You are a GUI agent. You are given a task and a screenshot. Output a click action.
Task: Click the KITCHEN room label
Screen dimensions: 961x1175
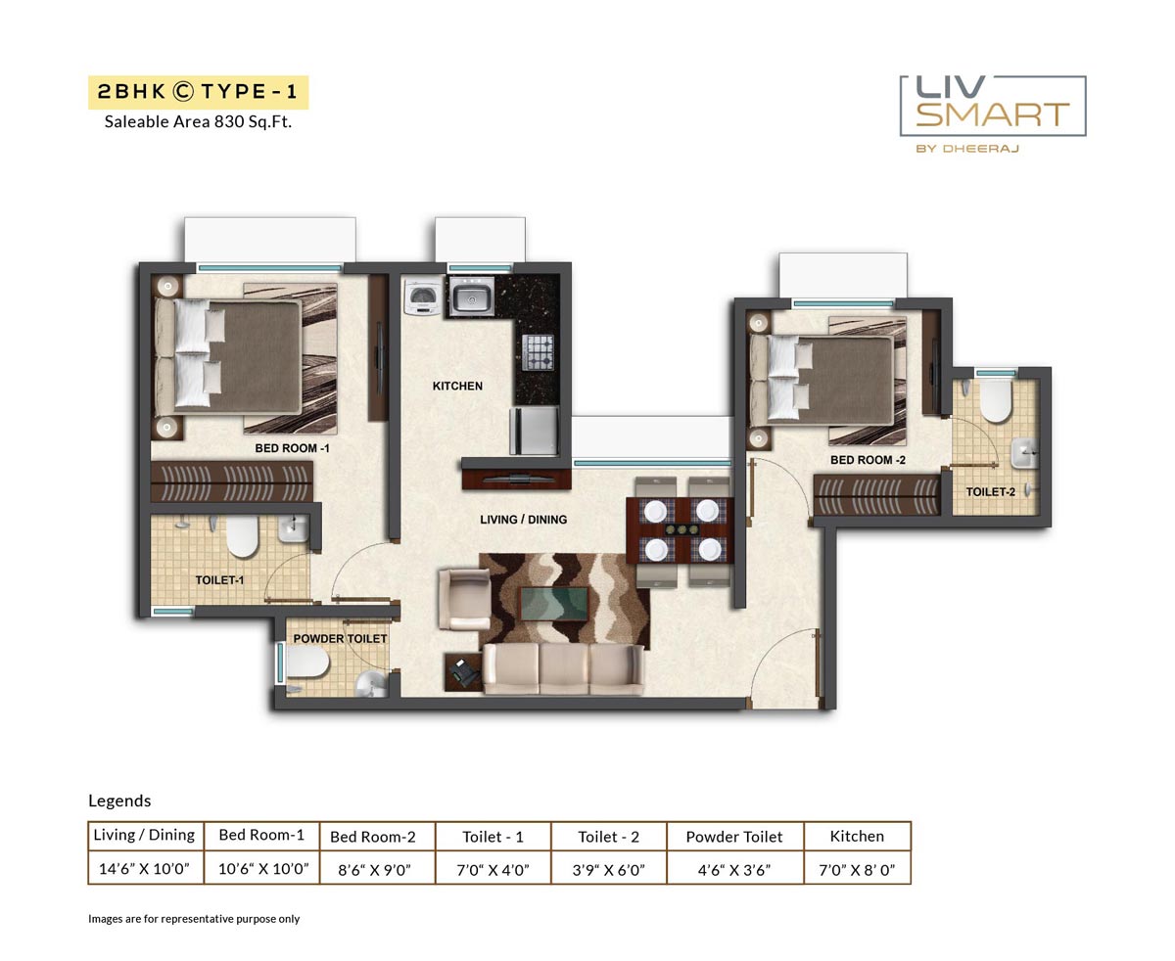pos(457,386)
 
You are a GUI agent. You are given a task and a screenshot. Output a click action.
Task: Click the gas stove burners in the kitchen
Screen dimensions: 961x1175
pos(538,352)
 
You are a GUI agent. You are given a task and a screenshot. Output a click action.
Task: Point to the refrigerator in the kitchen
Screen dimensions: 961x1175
pos(534,431)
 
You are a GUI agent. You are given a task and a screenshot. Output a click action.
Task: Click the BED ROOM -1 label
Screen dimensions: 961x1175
pos(292,448)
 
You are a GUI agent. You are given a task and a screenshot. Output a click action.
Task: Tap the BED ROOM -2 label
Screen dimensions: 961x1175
pos(868,460)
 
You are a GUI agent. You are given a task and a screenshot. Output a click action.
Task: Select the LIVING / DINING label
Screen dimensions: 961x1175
pos(523,520)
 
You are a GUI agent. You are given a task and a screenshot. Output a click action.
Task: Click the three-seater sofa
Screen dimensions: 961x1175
pos(563,668)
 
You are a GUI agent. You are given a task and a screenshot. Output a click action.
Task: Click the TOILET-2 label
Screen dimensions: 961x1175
pos(990,491)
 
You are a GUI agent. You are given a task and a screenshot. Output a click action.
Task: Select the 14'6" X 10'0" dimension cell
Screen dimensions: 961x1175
pos(145,868)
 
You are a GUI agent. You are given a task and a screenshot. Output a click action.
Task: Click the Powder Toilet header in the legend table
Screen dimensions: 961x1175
pos(734,837)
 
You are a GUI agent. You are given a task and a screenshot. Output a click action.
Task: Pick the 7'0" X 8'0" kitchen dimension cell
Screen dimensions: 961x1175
pos(857,868)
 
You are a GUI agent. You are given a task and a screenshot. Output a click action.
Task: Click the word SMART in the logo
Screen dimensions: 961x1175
pos(993,114)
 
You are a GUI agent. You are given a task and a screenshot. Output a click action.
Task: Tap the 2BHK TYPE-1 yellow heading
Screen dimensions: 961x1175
pos(198,92)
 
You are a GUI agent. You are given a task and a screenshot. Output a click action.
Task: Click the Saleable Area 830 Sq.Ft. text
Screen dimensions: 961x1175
pos(198,122)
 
